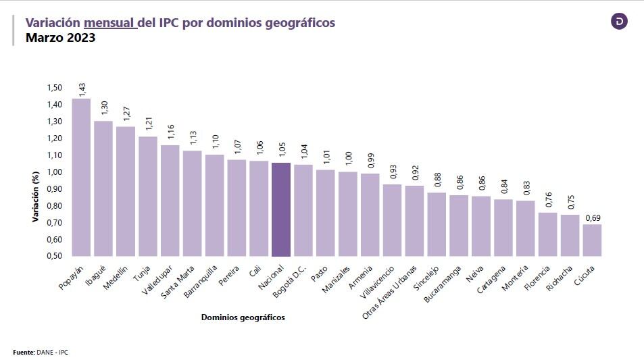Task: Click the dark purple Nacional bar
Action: pyautogui.click(x=280, y=209)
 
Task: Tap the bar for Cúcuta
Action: pyautogui.click(x=592, y=240)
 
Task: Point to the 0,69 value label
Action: pyautogui.click(x=592, y=217)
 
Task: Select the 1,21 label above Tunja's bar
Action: pyautogui.click(x=148, y=126)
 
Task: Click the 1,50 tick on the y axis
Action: pyautogui.click(x=54, y=88)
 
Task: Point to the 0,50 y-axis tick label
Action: pyautogui.click(x=54, y=256)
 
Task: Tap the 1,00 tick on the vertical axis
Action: pyautogui.click(x=54, y=172)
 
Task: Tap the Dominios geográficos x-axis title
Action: pyautogui.click(x=243, y=317)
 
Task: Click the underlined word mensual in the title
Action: pyautogui.click(x=110, y=23)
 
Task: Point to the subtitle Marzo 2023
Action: pyautogui.click(x=60, y=38)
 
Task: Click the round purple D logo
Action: pyautogui.click(x=619, y=22)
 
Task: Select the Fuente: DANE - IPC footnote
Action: pyautogui.click(x=41, y=352)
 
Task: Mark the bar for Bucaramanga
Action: pyautogui.click(x=459, y=226)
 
